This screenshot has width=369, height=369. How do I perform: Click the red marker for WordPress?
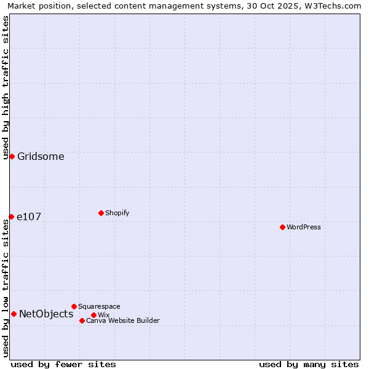tap(282, 227)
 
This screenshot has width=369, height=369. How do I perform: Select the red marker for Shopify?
tap(101, 213)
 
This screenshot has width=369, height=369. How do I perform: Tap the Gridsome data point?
tap(12, 156)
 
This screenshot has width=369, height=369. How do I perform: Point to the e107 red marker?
tap(11, 216)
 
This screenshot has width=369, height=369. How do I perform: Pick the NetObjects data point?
tap(14, 314)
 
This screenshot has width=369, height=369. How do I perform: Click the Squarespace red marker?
tap(74, 306)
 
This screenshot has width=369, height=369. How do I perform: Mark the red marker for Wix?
tap(93, 315)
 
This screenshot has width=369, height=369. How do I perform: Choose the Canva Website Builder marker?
tap(82, 320)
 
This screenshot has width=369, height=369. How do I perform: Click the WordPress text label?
tap(304, 227)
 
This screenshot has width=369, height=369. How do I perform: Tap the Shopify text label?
tap(117, 213)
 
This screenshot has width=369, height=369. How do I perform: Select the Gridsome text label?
tap(41, 156)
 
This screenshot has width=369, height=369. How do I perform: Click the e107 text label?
tap(29, 216)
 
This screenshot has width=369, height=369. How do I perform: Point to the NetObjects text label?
tap(46, 314)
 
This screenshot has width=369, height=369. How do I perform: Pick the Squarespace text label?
tap(99, 306)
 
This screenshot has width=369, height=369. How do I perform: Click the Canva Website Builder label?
tap(122, 320)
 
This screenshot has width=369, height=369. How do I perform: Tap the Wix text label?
tap(104, 315)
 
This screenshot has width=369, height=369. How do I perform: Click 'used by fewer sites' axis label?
tap(63, 364)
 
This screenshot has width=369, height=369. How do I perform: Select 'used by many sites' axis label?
tap(309, 364)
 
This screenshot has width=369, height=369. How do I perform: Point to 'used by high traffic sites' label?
tap(6, 88)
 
